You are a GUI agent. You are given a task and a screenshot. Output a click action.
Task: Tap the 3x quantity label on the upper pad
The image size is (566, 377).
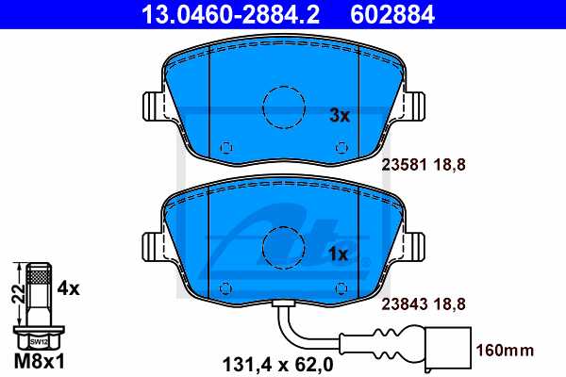coord(340,116)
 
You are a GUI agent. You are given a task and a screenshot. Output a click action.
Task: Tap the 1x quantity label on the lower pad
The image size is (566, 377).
coord(340,254)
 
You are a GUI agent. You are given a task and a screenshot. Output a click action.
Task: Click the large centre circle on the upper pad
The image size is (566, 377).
coord(281,108)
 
